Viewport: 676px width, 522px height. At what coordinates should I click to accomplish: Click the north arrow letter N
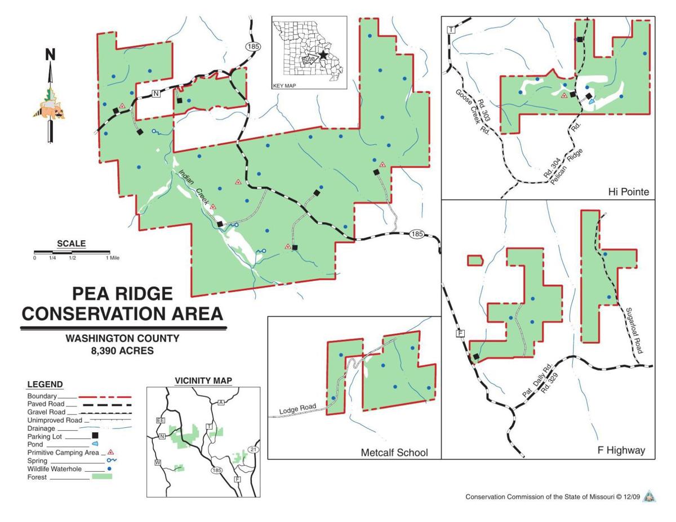[50, 54]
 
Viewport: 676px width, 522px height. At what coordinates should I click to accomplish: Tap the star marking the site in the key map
[323, 55]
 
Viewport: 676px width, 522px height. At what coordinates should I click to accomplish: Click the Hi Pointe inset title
[628, 192]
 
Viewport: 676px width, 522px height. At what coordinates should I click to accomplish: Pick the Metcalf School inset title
[394, 452]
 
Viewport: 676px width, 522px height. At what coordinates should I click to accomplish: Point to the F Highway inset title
[621, 450]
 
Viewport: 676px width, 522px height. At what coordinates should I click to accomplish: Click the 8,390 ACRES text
[122, 351]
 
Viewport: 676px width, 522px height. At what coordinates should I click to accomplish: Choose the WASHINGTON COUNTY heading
[122, 339]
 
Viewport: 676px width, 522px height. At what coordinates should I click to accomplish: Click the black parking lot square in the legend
[95, 435]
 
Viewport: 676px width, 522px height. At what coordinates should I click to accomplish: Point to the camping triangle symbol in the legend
[111, 452]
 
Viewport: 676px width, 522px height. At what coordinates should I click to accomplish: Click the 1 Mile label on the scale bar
[112, 258]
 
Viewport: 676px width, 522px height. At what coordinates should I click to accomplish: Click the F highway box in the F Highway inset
[460, 334]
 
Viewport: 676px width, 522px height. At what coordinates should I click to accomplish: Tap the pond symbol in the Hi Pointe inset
[591, 103]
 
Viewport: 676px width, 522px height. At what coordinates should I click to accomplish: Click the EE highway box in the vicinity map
[160, 421]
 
